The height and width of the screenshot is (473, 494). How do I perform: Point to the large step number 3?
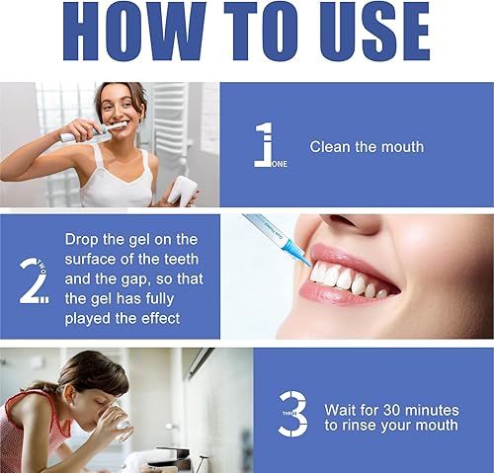click(292, 415)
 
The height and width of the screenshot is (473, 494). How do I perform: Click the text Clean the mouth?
click(367, 147)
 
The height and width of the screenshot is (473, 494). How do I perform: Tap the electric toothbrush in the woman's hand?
click(91, 134)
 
